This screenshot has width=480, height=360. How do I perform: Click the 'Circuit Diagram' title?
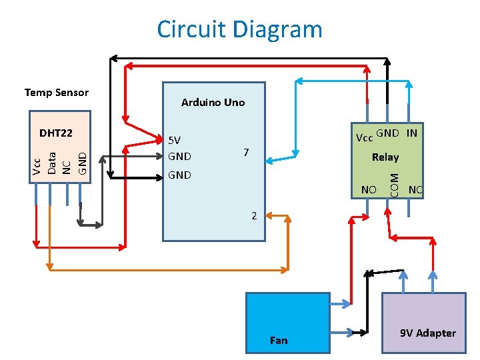pyautogui.click(x=239, y=29)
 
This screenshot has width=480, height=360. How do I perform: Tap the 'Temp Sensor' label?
pyautogui.click(x=57, y=93)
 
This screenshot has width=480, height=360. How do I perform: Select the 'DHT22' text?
pyautogui.click(x=55, y=133)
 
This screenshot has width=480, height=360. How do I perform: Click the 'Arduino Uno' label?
pyautogui.click(x=213, y=103)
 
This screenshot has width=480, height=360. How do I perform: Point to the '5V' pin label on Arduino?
pyautogui.click(x=175, y=141)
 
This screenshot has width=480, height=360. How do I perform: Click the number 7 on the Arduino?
pyautogui.click(x=246, y=153)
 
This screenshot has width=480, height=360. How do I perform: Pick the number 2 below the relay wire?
pyautogui.click(x=254, y=216)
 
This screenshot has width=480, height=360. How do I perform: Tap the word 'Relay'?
pyautogui.click(x=385, y=157)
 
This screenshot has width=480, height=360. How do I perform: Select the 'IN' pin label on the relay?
pyautogui.click(x=412, y=133)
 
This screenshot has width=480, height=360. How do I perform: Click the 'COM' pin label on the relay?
pyautogui.click(x=394, y=185)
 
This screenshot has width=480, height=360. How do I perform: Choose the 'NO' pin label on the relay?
pyautogui.click(x=369, y=190)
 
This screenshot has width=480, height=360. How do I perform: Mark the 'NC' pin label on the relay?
pyautogui.click(x=416, y=190)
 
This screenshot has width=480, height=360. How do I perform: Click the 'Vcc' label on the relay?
pyautogui.click(x=364, y=139)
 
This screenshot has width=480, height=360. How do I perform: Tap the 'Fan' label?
pyautogui.click(x=279, y=341)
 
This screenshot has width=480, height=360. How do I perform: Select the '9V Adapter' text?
pyautogui.click(x=428, y=333)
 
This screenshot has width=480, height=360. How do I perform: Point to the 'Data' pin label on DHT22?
pyautogui.click(x=52, y=164)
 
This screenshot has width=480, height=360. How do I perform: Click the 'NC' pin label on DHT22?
pyautogui.click(x=67, y=167)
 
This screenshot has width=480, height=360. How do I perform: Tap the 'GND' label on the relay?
pyautogui.click(x=388, y=133)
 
